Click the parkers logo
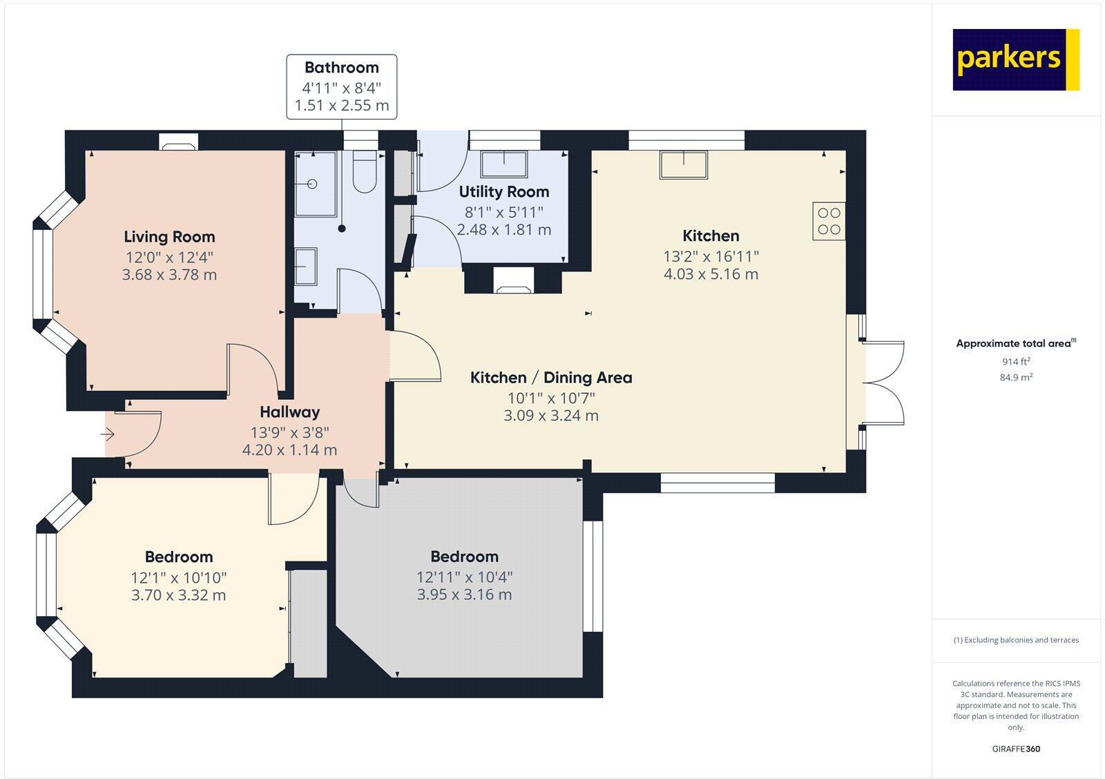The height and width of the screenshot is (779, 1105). coord(1015,59)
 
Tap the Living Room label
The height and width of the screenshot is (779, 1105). coord(169,237)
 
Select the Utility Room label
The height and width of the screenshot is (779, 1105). coord(503,192)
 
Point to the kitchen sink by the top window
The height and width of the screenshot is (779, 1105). coord(684,165)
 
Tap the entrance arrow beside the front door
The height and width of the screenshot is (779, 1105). coord(108,434)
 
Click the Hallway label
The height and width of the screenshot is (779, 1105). coord(289,412)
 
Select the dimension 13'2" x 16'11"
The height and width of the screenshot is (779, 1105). coord(711,256)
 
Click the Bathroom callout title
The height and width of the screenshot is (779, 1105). coord(341,68)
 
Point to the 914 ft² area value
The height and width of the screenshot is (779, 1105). coord(1016,361)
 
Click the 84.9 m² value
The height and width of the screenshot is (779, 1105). coord(1016,377)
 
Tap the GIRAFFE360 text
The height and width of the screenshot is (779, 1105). coord(1016,749)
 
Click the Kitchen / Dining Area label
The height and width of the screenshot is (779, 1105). coord(550,378)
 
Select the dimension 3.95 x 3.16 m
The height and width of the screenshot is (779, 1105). coord(464,595)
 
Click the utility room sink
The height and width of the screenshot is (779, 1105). coord(503,165)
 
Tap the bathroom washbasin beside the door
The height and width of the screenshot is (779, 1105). coord(306,267)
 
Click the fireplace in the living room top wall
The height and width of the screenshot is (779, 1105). coord(179,143)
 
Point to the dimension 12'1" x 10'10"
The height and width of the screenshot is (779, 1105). coord(179,577)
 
